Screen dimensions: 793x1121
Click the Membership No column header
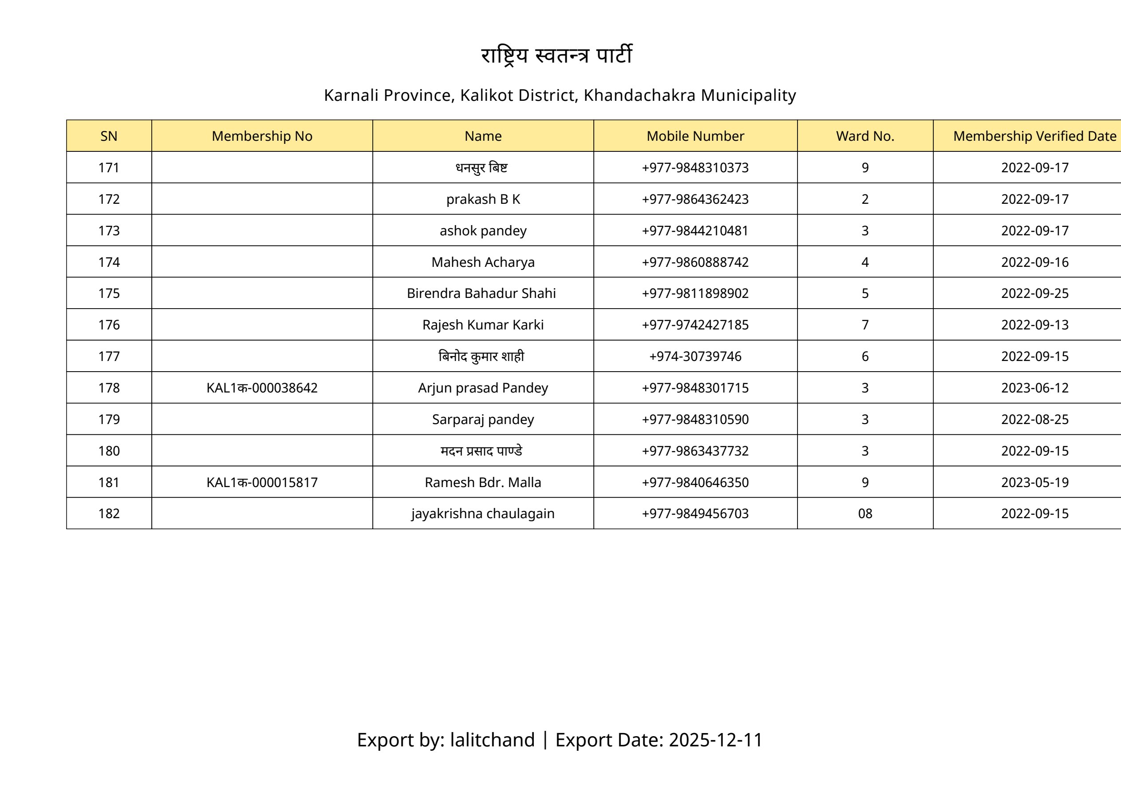(262, 136)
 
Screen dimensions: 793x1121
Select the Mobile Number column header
(695, 136)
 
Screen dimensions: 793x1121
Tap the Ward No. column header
(864, 136)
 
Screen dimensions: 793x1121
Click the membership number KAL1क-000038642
(262, 388)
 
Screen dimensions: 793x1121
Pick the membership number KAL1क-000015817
(262, 482)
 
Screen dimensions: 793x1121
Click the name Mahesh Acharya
(483, 262)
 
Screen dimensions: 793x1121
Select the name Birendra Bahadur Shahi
(482, 293)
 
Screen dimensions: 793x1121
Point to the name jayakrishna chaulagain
(483, 514)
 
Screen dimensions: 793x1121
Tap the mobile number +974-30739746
(695, 356)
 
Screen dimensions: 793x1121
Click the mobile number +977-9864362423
(695, 199)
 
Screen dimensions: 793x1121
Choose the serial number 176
(109, 325)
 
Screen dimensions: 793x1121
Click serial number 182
(109, 514)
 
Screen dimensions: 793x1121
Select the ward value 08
(864, 514)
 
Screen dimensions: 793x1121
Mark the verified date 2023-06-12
(1034, 388)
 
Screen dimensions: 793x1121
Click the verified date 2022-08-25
(1034, 419)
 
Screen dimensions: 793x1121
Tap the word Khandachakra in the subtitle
(639, 95)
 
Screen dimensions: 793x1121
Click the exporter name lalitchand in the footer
(492, 740)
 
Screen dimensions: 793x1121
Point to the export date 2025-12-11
(715, 740)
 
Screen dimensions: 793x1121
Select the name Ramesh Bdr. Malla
(483, 482)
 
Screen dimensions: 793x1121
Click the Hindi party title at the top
(557, 55)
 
